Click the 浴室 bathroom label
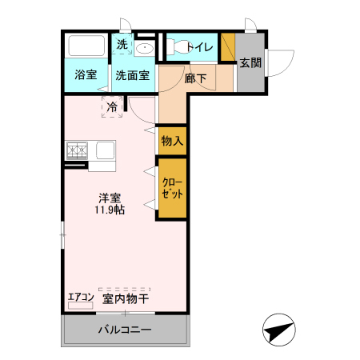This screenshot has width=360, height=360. [x=86, y=75]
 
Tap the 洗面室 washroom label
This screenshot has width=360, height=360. [x=132, y=76]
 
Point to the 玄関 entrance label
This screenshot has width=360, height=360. [x=250, y=62]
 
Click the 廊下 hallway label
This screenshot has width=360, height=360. [x=195, y=78]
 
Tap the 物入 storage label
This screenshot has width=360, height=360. [x=172, y=141]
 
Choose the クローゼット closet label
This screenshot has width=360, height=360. [x=172, y=189]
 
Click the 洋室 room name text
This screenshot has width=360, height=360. [x=110, y=198]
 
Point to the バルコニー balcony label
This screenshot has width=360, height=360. [x=125, y=329]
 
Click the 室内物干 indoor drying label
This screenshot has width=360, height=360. [x=126, y=298]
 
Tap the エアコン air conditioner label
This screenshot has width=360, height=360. [x=81, y=298]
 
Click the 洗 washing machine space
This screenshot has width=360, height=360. [x=122, y=45]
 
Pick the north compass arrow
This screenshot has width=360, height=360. [x=279, y=330]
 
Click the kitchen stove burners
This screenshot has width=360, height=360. [x=78, y=149]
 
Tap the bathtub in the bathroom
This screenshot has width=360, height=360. [x=86, y=46]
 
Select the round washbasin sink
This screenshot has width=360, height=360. [x=145, y=50]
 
